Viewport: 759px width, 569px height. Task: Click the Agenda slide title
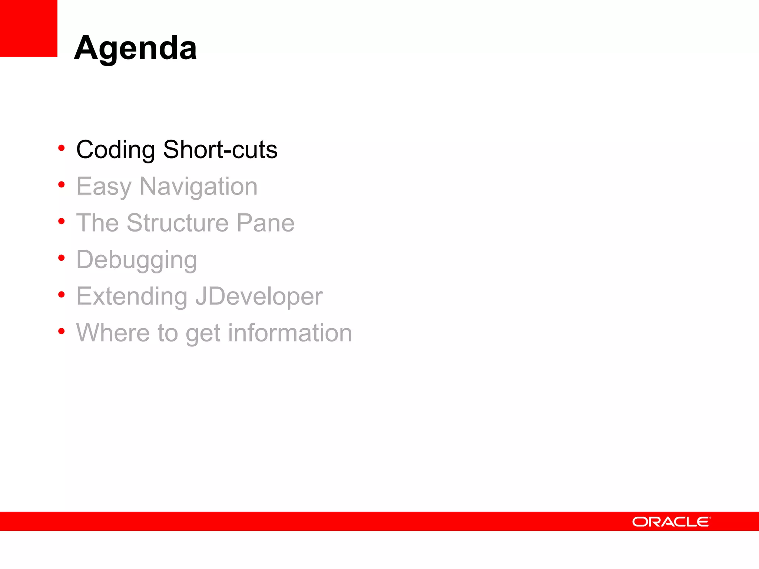coord(135,48)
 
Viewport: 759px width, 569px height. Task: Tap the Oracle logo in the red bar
coord(671,522)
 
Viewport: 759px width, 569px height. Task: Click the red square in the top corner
coord(29,28)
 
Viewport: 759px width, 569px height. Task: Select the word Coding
coord(115,150)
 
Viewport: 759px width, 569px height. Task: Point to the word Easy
coord(104,187)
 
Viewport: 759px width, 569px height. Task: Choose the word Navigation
coord(198,187)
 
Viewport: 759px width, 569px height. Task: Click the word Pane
coord(265,223)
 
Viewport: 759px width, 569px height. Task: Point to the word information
coord(290,333)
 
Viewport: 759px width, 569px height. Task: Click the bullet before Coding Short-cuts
coord(62,148)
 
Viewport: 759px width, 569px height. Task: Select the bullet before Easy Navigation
coord(62,184)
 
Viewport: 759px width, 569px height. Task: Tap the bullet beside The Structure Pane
coord(62,221)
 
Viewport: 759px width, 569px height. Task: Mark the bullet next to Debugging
coord(62,258)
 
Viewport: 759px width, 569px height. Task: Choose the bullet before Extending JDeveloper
coord(62,295)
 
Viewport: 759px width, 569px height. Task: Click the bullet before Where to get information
coord(62,331)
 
